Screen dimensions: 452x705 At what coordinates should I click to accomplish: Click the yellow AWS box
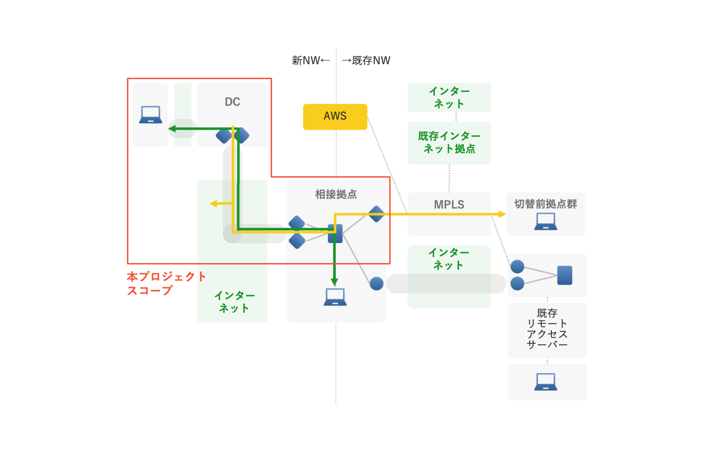click(335, 116)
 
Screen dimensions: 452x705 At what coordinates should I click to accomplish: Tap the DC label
click(232, 102)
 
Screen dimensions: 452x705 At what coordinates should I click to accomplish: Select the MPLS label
click(449, 204)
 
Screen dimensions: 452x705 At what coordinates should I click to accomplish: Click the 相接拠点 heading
click(336, 194)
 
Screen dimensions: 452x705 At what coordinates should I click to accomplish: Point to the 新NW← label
click(311, 60)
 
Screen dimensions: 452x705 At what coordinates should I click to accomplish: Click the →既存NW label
click(366, 60)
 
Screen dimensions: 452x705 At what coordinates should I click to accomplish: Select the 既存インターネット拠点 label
click(449, 142)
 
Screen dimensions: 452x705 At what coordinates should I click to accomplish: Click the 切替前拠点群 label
click(545, 204)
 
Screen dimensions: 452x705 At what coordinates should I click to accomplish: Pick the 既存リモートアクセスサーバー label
click(547, 329)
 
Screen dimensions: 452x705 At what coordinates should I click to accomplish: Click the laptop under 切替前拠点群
click(546, 222)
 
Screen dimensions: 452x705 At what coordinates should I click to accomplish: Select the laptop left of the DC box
click(151, 115)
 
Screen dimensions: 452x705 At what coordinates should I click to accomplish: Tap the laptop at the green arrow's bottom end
click(335, 297)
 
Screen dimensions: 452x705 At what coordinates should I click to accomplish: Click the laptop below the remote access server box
click(546, 382)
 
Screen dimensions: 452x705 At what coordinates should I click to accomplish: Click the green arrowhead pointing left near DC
click(172, 129)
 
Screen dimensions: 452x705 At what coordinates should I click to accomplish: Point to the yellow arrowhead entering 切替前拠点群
click(502, 214)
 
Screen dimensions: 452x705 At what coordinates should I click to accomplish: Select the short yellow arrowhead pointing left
click(213, 204)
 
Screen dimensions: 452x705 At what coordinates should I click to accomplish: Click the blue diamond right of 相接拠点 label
click(376, 214)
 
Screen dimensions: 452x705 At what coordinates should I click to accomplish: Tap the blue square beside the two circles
click(564, 275)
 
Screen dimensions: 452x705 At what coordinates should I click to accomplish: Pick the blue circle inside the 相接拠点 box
click(376, 283)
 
